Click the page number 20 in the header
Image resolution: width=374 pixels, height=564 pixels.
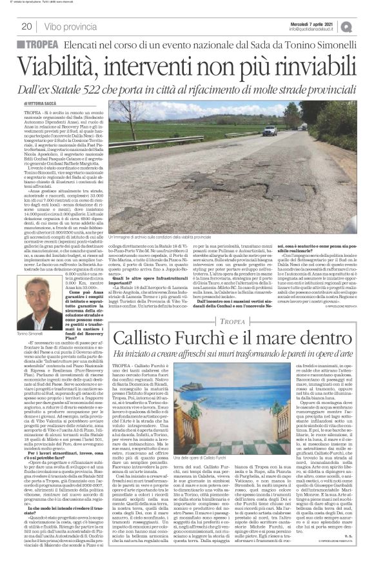click(x=27, y=26)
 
